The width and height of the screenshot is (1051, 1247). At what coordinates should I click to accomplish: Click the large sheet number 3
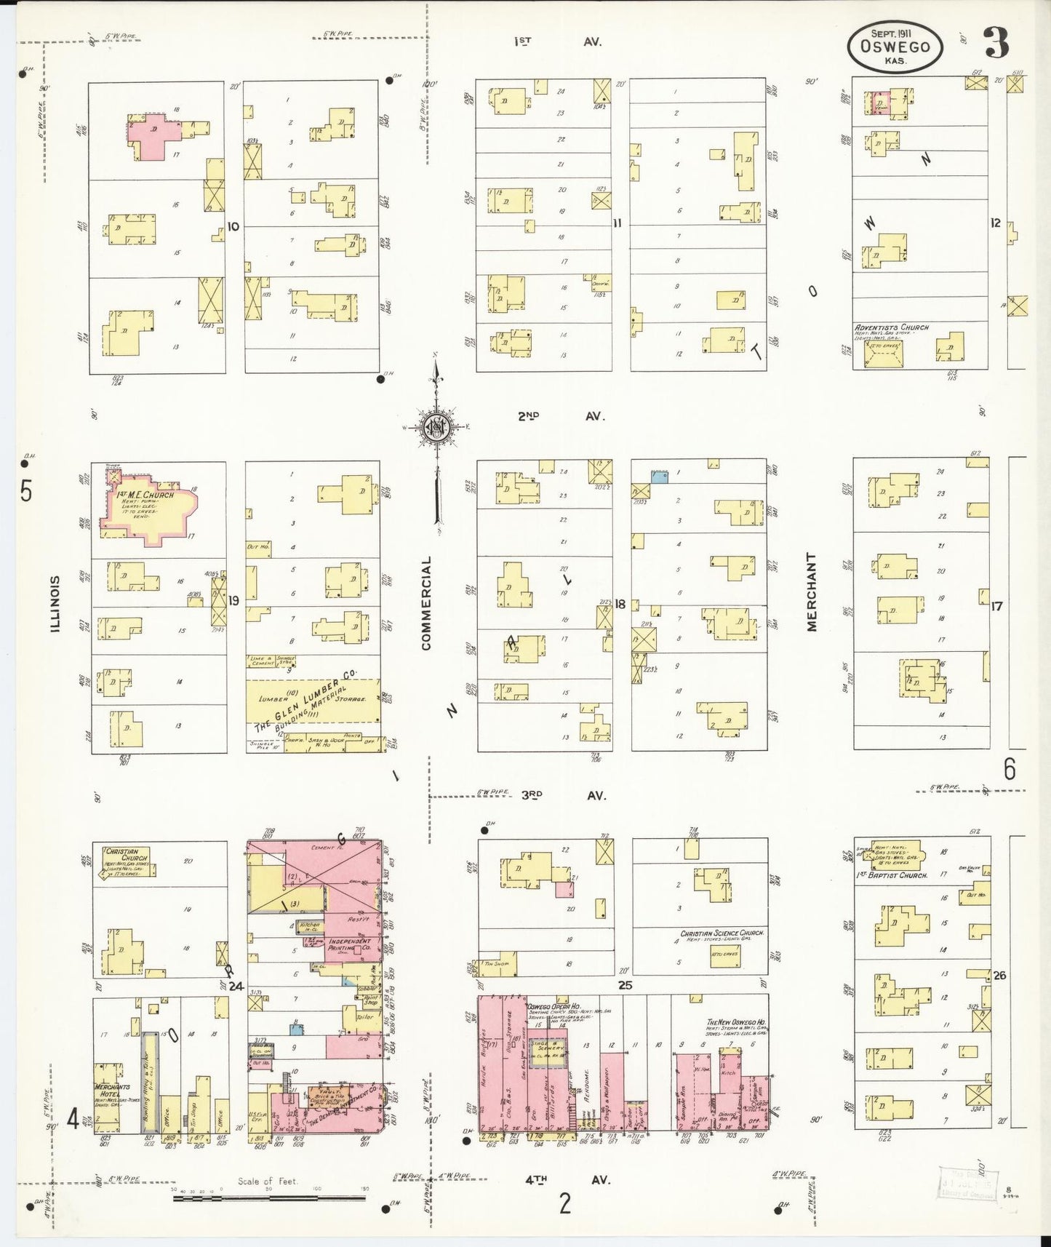pyautogui.click(x=996, y=44)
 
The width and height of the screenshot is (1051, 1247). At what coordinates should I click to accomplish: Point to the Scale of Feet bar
pyautogui.click(x=269, y=1196)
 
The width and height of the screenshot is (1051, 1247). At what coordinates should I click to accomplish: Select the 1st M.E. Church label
pyautogui.click(x=145, y=495)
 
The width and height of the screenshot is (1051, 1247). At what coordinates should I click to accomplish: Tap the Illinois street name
pyautogui.click(x=55, y=603)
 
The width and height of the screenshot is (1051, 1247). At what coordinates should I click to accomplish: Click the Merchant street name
pyautogui.click(x=811, y=591)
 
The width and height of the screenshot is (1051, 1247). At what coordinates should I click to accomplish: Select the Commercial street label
pyautogui.click(x=426, y=603)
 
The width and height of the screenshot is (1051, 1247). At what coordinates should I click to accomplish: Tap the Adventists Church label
pyautogui.click(x=891, y=327)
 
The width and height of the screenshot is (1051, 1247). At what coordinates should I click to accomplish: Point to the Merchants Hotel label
pyautogui.click(x=111, y=1090)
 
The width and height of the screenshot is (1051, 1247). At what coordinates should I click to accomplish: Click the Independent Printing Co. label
pyautogui.click(x=350, y=944)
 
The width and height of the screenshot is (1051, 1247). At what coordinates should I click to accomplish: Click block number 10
pyautogui.click(x=233, y=226)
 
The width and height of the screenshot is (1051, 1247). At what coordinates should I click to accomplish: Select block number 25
pyautogui.click(x=625, y=986)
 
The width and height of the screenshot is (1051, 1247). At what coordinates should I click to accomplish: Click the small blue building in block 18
pyautogui.click(x=659, y=477)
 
